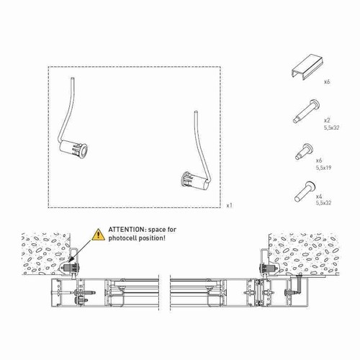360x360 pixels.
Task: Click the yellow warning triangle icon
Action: pyautogui.click(x=98, y=235)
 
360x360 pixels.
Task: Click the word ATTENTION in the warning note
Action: pyautogui.click(x=126, y=230)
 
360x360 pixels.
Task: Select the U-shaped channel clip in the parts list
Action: pyautogui.click(x=307, y=67)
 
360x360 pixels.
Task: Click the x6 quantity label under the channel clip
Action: pyautogui.click(x=327, y=82)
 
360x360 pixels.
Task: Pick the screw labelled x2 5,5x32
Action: pyautogui.click(x=306, y=111)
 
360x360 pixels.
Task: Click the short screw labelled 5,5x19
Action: pyautogui.click(x=304, y=152)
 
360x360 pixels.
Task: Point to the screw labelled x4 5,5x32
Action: pyautogui.click(x=305, y=192)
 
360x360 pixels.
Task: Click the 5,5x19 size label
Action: pyautogui.click(x=324, y=168)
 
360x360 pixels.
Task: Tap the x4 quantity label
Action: pyautogui.click(x=319, y=197)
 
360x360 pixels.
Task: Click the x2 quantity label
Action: pyautogui.click(x=327, y=120)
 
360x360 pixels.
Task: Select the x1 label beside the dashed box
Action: pyautogui.click(x=230, y=206)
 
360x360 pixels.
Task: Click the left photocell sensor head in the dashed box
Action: pyautogui.click(x=73, y=149)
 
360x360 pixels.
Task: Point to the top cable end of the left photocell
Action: pyautogui.click(x=72, y=78)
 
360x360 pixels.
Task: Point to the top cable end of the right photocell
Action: pyautogui.click(x=196, y=112)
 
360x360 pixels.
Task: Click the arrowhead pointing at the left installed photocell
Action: pyautogui.click(x=70, y=260)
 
